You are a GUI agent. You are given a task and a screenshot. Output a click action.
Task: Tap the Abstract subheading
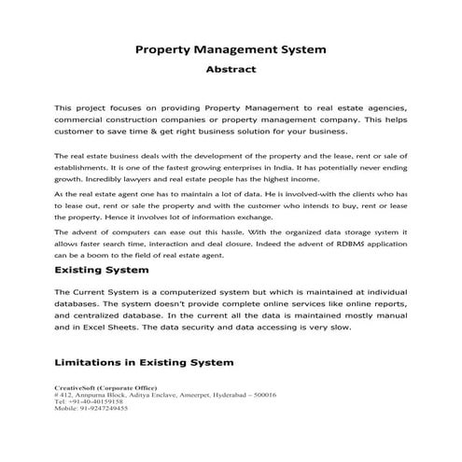[x=231, y=68]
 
